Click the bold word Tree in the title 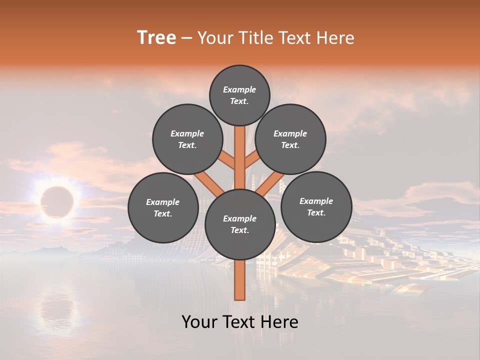click(156, 38)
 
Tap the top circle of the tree click(239, 95)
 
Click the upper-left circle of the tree click(187, 139)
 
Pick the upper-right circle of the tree click(290, 139)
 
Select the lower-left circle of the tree click(163, 207)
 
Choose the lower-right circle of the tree click(316, 206)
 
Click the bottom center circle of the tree click(240, 224)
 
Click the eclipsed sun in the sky click(57, 202)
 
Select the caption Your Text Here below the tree click(240, 322)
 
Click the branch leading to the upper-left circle click(226, 161)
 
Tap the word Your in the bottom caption click(199, 322)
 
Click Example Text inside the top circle click(239, 95)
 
